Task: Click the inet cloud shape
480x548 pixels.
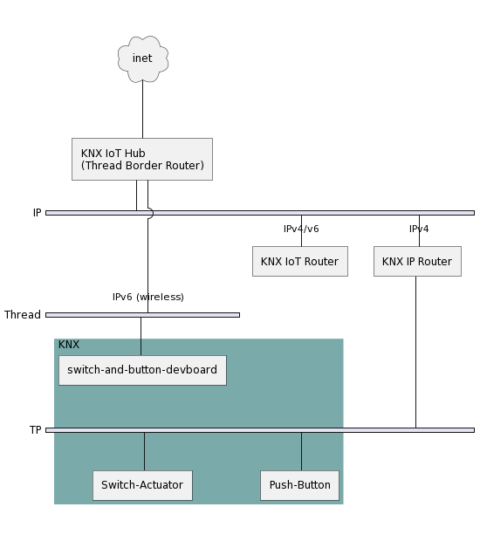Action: (142, 59)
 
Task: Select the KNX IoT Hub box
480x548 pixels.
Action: (142, 159)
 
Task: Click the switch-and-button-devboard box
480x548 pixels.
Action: (141, 370)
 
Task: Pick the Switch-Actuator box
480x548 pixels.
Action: (143, 486)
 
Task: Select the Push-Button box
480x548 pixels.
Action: (300, 486)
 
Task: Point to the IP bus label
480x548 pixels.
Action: (36, 212)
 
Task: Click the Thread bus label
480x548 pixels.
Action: (22, 314)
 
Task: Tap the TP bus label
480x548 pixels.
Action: (36, 430)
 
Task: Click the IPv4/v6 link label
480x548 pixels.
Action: (300, 229)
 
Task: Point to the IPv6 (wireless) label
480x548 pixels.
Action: (148, 296)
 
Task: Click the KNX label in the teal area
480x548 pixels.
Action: (69, 344)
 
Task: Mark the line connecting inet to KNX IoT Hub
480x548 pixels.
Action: (142, 110)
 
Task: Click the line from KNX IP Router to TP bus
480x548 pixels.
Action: (417, 350)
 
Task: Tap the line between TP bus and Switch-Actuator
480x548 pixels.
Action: (144, 451)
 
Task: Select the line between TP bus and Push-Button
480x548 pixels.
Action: (301, 451)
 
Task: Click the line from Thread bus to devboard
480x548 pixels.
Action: (141, 336)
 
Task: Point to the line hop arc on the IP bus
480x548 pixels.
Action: (150, 212)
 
